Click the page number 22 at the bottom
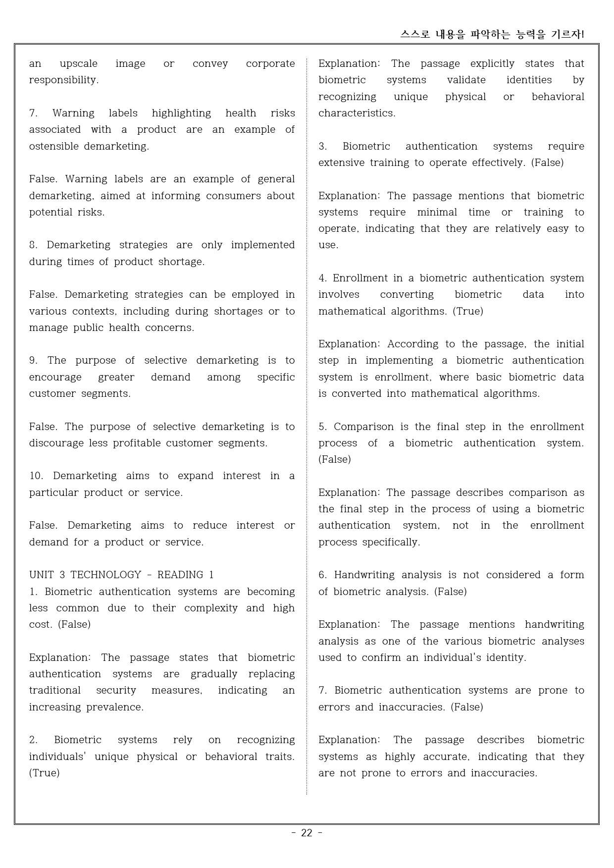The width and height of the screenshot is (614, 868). [x=307, y=833]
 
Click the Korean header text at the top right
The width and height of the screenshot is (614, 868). [x=492, y=34]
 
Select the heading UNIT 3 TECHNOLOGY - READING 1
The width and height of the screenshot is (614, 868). [x=121, y=575]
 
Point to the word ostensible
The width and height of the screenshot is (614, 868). [x=54, y=146]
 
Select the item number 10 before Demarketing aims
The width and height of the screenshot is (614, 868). [x=36, y=476]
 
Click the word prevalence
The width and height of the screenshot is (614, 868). [x=114, y=707]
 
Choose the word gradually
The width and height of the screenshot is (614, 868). [x=214, y=674]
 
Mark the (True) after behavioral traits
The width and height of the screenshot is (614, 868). [x=44, y=773]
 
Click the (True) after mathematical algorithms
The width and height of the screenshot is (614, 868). [x=467, y=311]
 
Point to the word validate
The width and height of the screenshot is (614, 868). [x=466, y=80]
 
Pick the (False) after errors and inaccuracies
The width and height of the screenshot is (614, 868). [x=466, y=707]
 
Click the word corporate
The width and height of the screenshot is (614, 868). [x=270, y=63]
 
